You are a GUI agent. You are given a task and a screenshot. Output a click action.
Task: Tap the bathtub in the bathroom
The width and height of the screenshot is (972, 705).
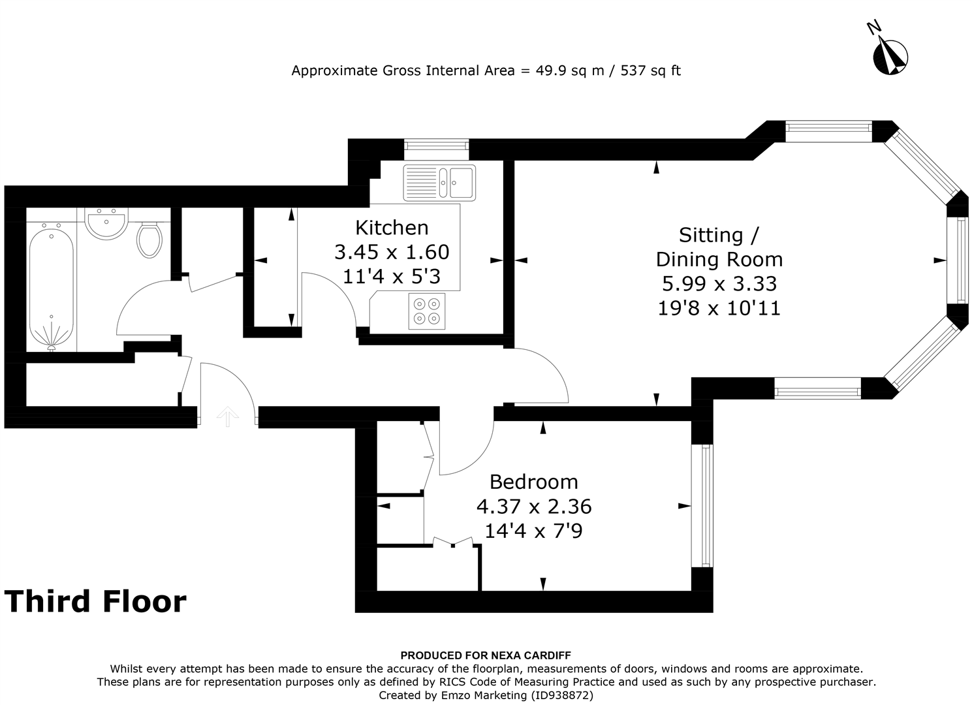tap(51, 289)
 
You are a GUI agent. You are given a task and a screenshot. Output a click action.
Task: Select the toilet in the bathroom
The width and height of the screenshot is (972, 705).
tap(149, 240)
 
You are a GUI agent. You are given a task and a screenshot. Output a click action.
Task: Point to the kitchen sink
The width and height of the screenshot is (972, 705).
tap(439, 183)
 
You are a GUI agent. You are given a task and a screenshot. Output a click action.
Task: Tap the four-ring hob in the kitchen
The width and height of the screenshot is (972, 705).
tap(426, 311)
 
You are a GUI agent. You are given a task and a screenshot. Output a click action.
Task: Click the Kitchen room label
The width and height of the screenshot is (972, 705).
tap(392, 228)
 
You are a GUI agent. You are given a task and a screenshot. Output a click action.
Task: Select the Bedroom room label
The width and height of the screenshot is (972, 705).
tap(534, 482)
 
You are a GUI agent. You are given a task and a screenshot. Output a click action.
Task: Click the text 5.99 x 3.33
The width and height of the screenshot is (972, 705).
tap(719, 284)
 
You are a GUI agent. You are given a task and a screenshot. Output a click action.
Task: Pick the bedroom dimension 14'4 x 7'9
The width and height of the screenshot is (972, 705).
tap(533, 531)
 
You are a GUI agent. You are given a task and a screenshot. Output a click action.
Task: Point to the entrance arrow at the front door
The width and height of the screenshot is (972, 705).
tap(227, 416)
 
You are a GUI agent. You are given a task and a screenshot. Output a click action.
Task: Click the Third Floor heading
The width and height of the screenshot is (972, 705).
tap(95, 601)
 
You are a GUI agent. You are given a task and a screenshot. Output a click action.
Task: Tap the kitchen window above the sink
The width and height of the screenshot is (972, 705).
tap(437, 144)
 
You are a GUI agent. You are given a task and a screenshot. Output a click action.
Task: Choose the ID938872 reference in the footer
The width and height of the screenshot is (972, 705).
tap(562, 695)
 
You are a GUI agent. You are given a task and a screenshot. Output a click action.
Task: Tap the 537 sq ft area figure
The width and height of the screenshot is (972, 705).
tap(650, 70)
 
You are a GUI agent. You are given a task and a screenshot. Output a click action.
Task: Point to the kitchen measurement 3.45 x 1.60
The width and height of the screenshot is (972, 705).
tap(392, 252)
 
